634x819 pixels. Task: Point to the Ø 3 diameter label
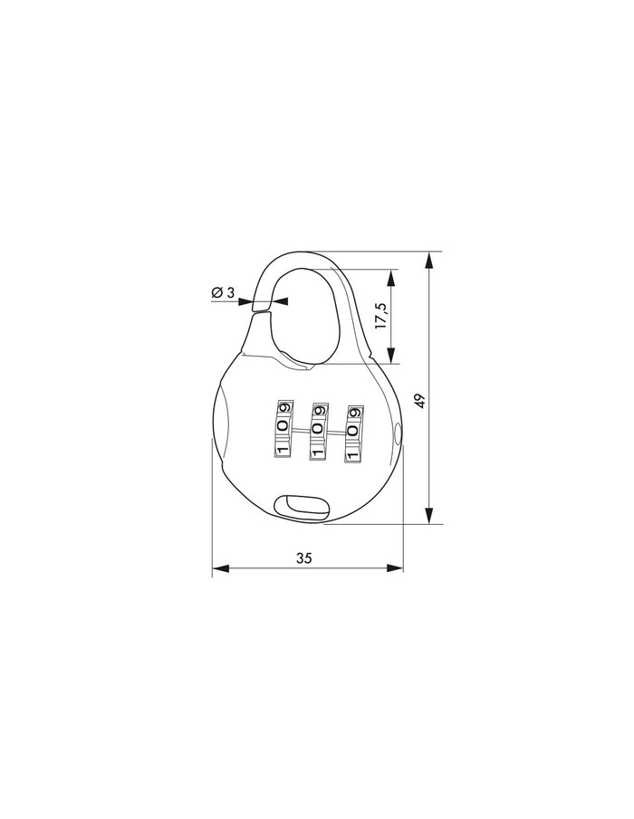click(x=223, y=292)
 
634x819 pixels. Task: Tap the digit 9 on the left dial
click(x=284, y=407)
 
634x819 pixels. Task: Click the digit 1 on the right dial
click(x=351, y=448)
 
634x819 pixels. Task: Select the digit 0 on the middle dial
click(x=317, y=428)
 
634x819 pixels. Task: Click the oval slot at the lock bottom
click(x=303, y=505)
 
